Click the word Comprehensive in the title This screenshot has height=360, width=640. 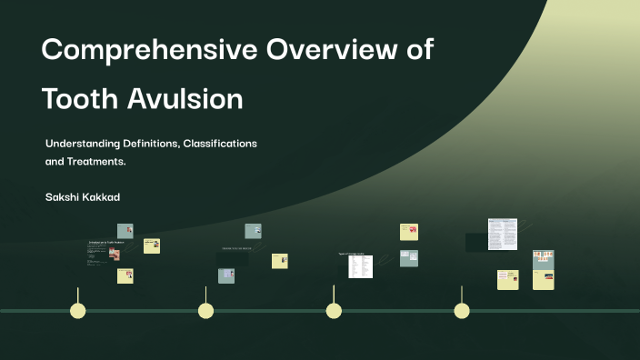[x=148, y=51]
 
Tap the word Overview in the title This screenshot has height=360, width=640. [x=333, y=51]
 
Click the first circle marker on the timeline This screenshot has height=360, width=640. [x=78, y=311]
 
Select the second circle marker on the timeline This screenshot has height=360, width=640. [x=206, y=311]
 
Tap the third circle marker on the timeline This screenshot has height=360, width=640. [x=334, y=311]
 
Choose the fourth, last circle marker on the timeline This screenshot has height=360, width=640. [x=462, y=311]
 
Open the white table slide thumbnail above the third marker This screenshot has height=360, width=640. [x=360, y=265]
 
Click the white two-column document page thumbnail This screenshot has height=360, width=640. [x=502, y=234]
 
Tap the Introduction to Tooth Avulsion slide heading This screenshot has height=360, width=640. [x=105, y=242]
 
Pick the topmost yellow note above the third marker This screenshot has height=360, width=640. [x=409, y=232]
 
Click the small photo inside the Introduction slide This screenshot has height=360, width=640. [x=115, y=254]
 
